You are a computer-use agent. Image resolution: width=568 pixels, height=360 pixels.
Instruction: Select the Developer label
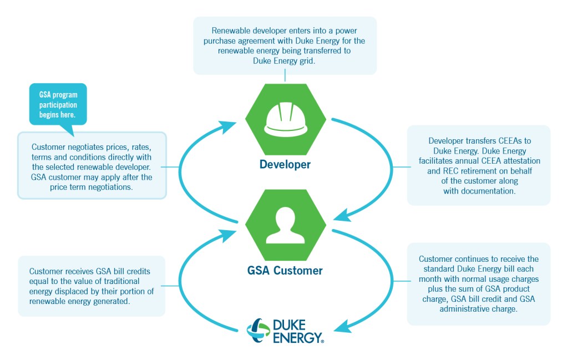point(285,165)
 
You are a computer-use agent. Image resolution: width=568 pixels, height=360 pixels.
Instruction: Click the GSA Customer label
point(285,271)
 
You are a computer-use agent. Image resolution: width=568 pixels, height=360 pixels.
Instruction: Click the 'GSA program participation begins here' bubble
point(58,104)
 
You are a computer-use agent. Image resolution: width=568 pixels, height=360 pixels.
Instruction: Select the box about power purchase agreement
point(285,45)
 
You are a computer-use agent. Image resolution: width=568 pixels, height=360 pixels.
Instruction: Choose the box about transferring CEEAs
point(479,165)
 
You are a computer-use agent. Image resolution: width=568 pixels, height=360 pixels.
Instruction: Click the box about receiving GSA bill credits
point(92,286)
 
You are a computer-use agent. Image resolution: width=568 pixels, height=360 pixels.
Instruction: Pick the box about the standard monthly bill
point(479,284)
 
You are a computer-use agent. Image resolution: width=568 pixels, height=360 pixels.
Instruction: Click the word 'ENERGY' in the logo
point(297,337)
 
